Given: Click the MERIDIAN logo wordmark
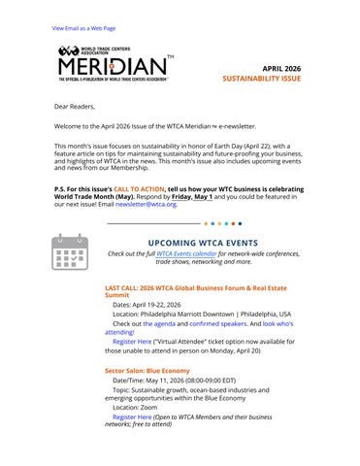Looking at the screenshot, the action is tap(112, 68).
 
